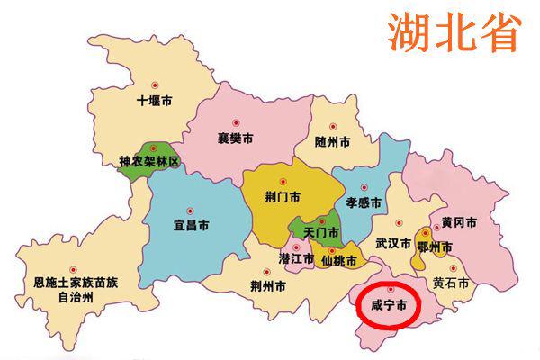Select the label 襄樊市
235,139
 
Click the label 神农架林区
149,163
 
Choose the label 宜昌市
192,223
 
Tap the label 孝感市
364,202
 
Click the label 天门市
321,232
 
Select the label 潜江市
296,259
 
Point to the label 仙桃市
339,261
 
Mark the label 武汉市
392,244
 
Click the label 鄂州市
434,247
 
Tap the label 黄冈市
459,222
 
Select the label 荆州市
269,288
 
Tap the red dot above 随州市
333,127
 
